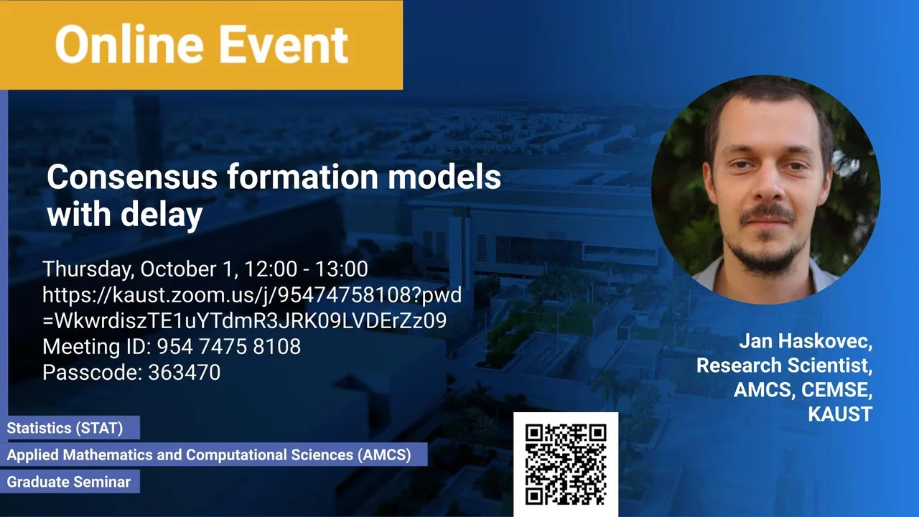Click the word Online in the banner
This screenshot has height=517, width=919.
tap(129, 45)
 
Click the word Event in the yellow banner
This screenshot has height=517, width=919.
tap(284, 45)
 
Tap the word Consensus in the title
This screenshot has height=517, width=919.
tap(132, 177)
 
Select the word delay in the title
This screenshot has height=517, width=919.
tap(162, 214)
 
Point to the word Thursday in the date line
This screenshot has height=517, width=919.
tap(88, 269)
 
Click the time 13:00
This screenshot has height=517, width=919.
tap(341, 269)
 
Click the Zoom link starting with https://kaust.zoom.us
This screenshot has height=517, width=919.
tap(252, 308)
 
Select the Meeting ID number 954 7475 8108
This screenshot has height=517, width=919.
tap(229, 347)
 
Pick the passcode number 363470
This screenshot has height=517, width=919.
tap(185, 373)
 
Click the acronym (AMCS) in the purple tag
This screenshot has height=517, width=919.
tap(384, 455)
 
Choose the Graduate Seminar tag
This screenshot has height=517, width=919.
tap(69, 482)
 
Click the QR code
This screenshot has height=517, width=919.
tap(566, 464)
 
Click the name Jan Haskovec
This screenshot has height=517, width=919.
tap(806, 341)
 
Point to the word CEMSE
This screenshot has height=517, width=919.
tap(836, 390)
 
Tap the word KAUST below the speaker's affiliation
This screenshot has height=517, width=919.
tap(840, 414)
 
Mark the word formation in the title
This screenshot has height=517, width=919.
tap(303, 177)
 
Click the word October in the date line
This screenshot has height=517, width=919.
tap(177, 269)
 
